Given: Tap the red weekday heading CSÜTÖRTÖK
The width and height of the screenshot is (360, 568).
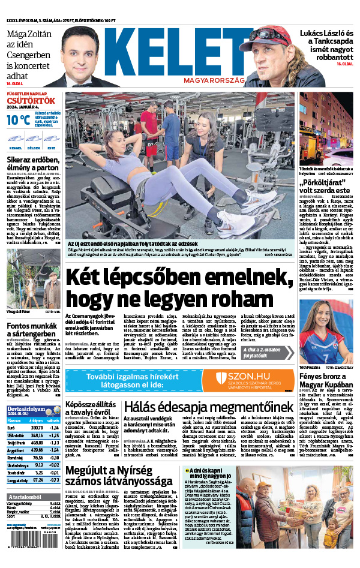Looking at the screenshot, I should point(31,101).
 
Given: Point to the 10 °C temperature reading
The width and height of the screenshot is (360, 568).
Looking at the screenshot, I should point(18,119).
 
